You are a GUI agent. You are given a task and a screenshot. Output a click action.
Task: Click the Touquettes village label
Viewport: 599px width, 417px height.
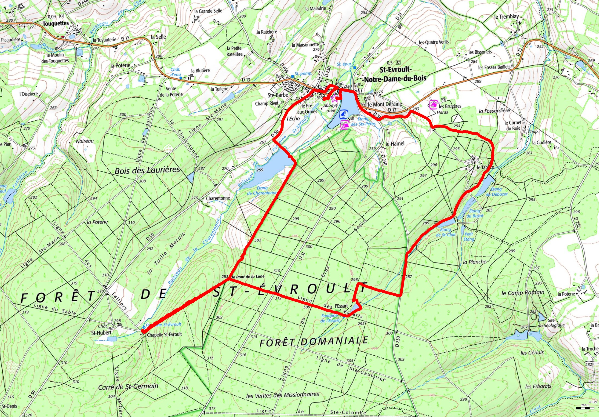coord(56,23)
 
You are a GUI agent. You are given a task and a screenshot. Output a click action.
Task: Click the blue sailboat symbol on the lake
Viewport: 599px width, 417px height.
coord(344,114)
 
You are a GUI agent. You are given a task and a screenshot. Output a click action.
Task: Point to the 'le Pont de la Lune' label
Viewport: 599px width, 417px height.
coord(248,277)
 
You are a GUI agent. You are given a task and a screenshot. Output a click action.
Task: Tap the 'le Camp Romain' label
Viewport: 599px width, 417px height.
coord(523,293)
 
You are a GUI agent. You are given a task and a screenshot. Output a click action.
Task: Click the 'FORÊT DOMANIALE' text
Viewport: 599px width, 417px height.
coord(314,341)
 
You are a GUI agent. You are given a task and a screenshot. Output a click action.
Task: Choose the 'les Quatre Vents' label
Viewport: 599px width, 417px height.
coord(434,42)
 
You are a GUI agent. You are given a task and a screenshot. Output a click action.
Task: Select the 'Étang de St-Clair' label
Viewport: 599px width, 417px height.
coord(447,232)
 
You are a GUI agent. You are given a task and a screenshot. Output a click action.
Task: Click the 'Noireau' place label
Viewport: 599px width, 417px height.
coord(85,141)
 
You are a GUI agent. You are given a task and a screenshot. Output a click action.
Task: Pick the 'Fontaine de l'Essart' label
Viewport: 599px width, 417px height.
coord(331,318)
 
